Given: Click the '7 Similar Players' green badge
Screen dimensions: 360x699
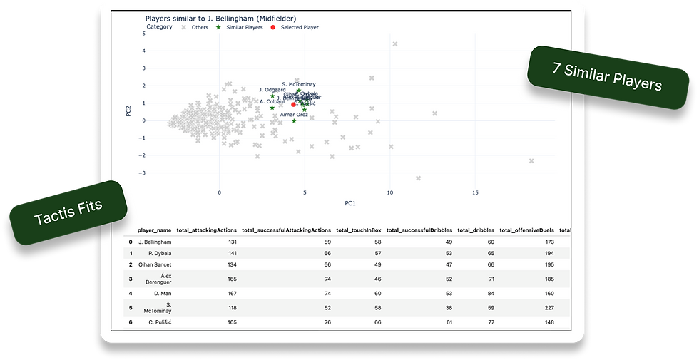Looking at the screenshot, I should [607, 78].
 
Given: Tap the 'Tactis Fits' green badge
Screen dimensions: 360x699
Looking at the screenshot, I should [68, 213].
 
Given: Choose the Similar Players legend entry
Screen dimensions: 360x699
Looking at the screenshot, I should [240, 27].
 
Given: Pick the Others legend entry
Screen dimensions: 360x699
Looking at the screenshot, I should [195, 27].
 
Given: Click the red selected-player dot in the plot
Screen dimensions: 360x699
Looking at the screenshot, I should [293, 105].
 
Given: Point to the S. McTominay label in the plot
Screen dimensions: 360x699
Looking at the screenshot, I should [298, 84].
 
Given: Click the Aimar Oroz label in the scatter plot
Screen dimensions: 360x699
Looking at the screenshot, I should [294, 114].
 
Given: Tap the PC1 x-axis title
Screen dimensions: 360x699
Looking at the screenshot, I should [350, 203].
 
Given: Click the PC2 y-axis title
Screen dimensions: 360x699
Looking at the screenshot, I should [128, 112].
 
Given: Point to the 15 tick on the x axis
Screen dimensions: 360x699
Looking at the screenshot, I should [475, 192].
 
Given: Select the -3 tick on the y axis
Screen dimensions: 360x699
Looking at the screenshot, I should [143, 173].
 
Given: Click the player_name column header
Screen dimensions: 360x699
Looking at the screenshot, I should [154, 230].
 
